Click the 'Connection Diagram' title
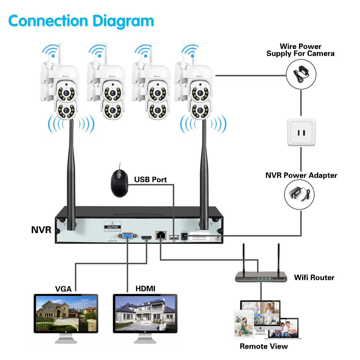[x=81, y=21]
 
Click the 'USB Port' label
[x=150, y=179]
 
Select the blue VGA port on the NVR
[x=127, y=237]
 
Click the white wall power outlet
[x=301, y=132]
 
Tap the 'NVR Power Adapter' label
[x=301, y=175]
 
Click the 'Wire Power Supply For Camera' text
[x=300, y=50]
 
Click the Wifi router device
[x=261, y=275]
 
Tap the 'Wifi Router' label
[x=314, y=278]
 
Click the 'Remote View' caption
[x=264, y=346]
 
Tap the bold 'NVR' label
[x=41, y=230]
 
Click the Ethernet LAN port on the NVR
[x=159, y=236]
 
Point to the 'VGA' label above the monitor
[x=63, y=288]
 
